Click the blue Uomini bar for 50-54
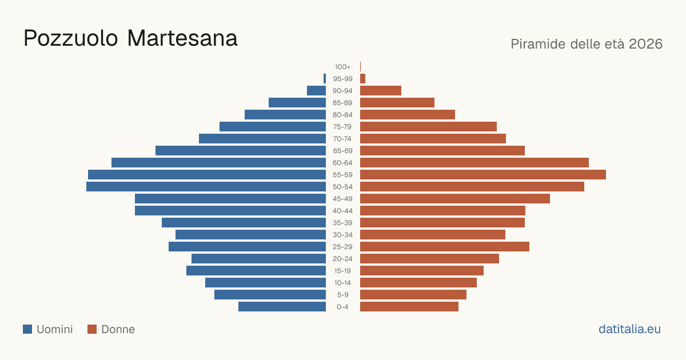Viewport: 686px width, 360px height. click(x=206, y=187)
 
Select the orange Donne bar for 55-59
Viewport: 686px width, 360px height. click(x=483, y=175)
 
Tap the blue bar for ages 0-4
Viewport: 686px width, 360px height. click(x=282, y=307)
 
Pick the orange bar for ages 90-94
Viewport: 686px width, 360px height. click(x=381, y=91)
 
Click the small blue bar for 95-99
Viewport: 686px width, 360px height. click(x=325, y=79)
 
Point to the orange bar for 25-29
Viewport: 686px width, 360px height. click(x=445, y=247)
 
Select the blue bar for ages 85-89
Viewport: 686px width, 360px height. click(x=297, y=102)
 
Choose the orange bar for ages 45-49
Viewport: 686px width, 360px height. click(x=455, y=199)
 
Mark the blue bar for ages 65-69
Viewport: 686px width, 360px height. click(x=241, y=151)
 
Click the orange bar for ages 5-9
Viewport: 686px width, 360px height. click(x=413, y=295)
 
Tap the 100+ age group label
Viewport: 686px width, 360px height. click(x=342, y=67)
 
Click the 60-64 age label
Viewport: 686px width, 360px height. click(x=342, y=163)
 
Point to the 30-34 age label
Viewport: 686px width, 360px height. click(x=342, y=235)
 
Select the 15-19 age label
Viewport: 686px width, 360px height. click(x=342, y=271)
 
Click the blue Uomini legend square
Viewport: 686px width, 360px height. click(x=27, y=329)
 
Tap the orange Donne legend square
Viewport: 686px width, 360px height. click(x=92, y=329)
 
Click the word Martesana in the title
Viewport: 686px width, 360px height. click(x=182, y=38)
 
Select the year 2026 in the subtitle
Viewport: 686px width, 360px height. click(x=645, y=44)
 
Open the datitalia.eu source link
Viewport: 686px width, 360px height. click(x=629, y=329)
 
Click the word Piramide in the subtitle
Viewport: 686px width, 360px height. click(x=539, y=44)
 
